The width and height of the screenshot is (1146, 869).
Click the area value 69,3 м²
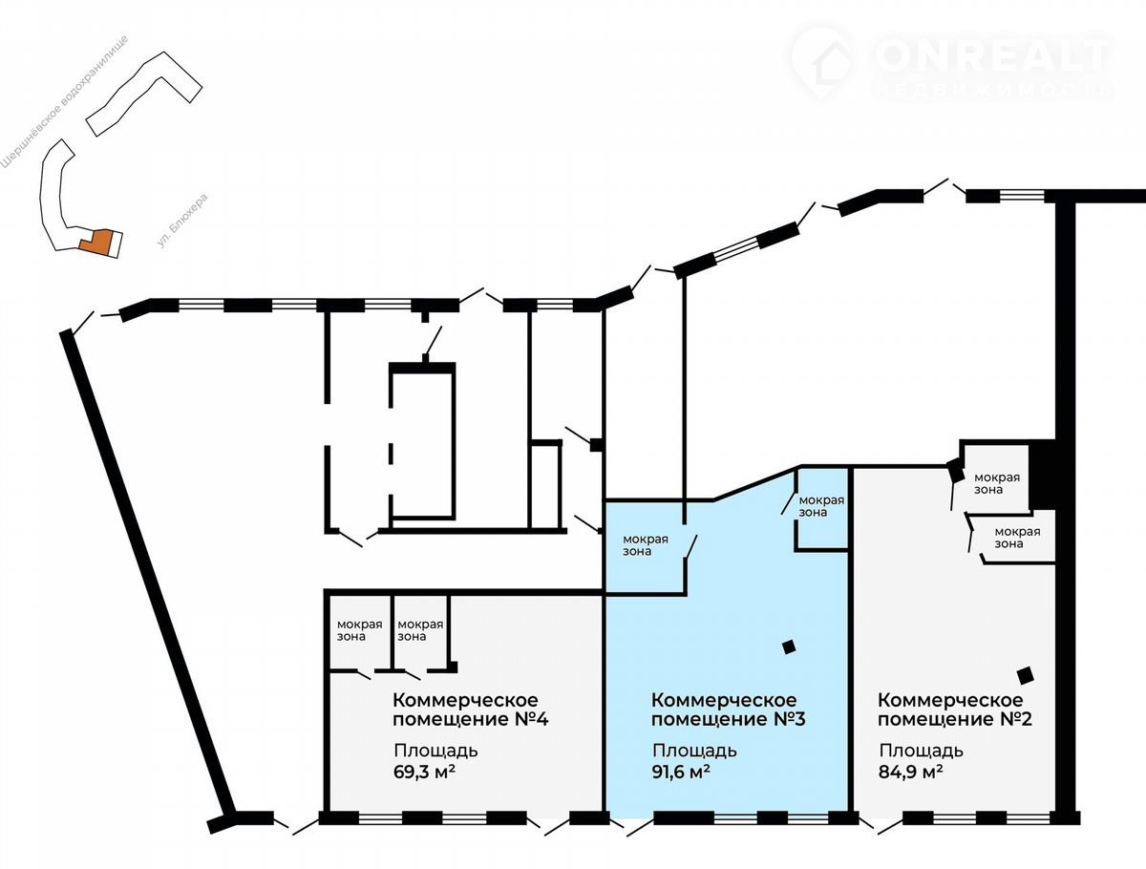424,772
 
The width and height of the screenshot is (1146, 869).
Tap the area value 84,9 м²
910,772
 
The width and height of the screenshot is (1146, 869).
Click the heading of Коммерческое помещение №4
471,710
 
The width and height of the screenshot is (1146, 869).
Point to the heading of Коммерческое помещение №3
729,710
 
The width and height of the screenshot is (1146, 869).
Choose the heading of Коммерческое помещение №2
955,710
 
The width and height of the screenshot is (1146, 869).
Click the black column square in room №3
789,647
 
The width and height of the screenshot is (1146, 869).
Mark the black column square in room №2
1026,675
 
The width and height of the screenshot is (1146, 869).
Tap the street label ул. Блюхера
182,221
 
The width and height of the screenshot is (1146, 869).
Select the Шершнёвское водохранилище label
65,102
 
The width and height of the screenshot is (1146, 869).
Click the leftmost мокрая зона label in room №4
359,630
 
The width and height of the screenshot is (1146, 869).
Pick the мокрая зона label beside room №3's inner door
645,545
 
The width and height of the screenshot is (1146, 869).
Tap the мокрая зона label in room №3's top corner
821,506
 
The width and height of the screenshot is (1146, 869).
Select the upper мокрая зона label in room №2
997,483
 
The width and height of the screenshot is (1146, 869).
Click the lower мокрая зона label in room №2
1017,538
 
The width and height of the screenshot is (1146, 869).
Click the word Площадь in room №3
694,751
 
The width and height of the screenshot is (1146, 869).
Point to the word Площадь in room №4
435,751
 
